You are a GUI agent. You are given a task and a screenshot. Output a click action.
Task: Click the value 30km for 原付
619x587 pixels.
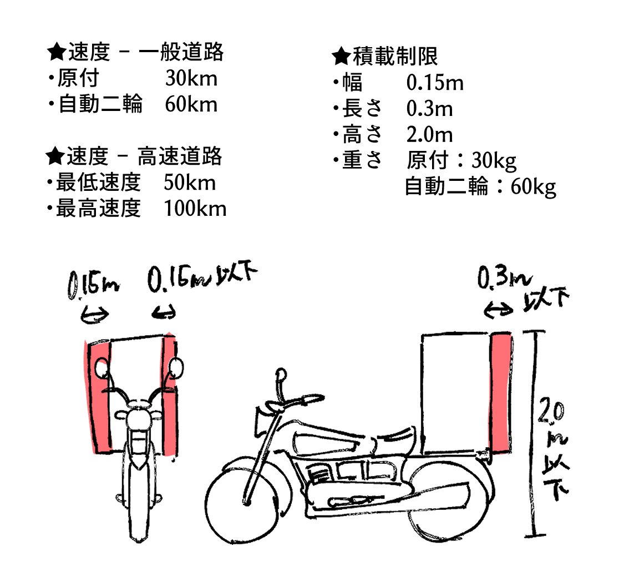(x=191, y=78)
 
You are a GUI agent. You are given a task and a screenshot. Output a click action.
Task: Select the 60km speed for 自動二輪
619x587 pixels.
(x=191, y=104)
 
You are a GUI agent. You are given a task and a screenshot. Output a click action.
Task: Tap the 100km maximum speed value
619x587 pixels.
(x=195, y=209)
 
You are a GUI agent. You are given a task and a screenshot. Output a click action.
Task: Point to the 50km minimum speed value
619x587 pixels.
(x=190, y=183)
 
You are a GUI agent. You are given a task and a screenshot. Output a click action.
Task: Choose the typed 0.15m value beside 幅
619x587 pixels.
(x=435, y=83)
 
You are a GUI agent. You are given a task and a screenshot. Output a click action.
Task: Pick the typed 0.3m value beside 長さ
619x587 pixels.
(x=429, y=109)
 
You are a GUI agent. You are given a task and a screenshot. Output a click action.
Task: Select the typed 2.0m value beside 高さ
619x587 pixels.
(x=429, y=135)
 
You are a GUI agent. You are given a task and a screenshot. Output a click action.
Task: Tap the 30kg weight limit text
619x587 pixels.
(x=494, y=161)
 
